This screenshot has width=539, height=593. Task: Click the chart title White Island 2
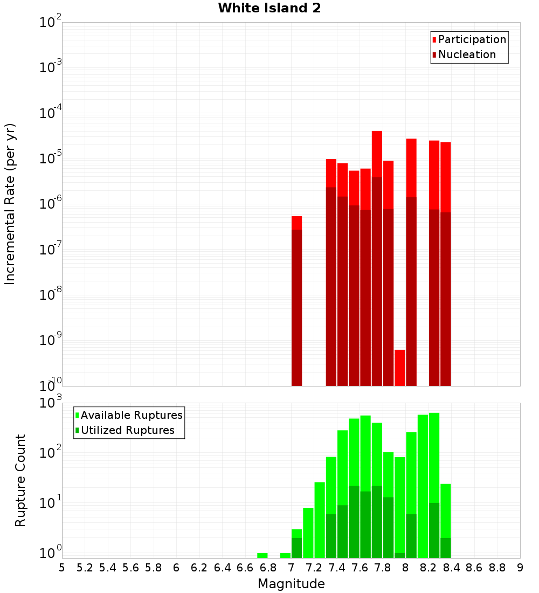coord(269,9)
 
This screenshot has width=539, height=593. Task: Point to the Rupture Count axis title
coord(20,480)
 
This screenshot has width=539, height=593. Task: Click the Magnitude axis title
coord(291,584)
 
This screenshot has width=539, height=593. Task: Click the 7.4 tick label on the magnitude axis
coord(337,568)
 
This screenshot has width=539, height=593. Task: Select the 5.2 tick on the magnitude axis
coord(85,568)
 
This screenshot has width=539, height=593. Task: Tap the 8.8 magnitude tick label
coord(497,568)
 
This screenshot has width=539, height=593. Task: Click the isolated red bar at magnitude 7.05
coord(296,302)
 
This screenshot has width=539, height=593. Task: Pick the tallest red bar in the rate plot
coord(377,259)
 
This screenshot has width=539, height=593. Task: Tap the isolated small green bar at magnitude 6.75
coord(262,555)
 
